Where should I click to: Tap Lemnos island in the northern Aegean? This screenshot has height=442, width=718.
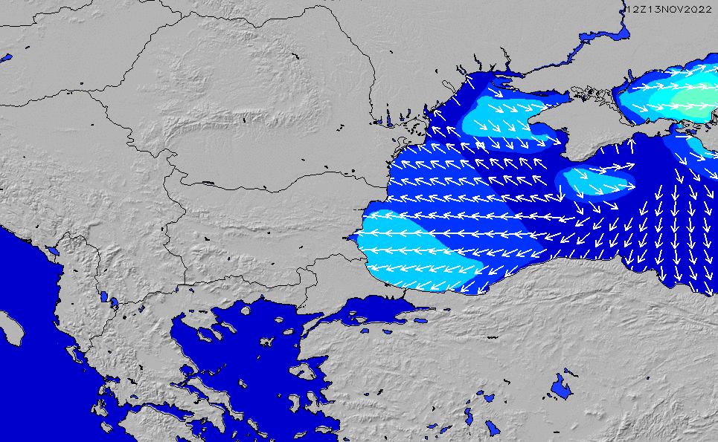click(266, 342)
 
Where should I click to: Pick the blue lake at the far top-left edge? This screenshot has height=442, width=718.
click(6, 57)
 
